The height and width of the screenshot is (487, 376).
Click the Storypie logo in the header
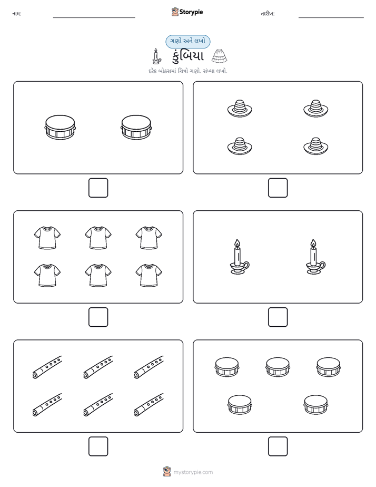[187, 12]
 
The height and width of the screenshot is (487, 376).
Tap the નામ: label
[17, 14]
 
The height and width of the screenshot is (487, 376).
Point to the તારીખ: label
[268, 14]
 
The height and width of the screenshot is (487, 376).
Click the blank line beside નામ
[94, 18]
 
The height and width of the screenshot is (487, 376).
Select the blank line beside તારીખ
[331, 18]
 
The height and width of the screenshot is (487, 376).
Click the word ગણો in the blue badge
[176, 41]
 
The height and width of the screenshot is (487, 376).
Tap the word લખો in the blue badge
[200, 41]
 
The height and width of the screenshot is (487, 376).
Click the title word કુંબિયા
[187, 56]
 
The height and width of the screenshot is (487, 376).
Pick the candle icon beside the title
[156, 56]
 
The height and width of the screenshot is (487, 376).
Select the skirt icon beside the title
[219, 56]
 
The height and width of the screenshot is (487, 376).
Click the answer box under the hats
[278, 188]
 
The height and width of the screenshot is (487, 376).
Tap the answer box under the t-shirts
[98, 317]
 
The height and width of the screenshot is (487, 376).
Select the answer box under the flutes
[98, 446]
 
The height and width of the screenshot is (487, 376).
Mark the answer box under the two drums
[98, 188]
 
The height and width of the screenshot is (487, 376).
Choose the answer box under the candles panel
[278, 317]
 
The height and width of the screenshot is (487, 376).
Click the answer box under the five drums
[278, 446]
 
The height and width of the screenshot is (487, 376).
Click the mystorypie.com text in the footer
[193, 472]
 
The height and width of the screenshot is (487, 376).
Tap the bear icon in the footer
[167, 472]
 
